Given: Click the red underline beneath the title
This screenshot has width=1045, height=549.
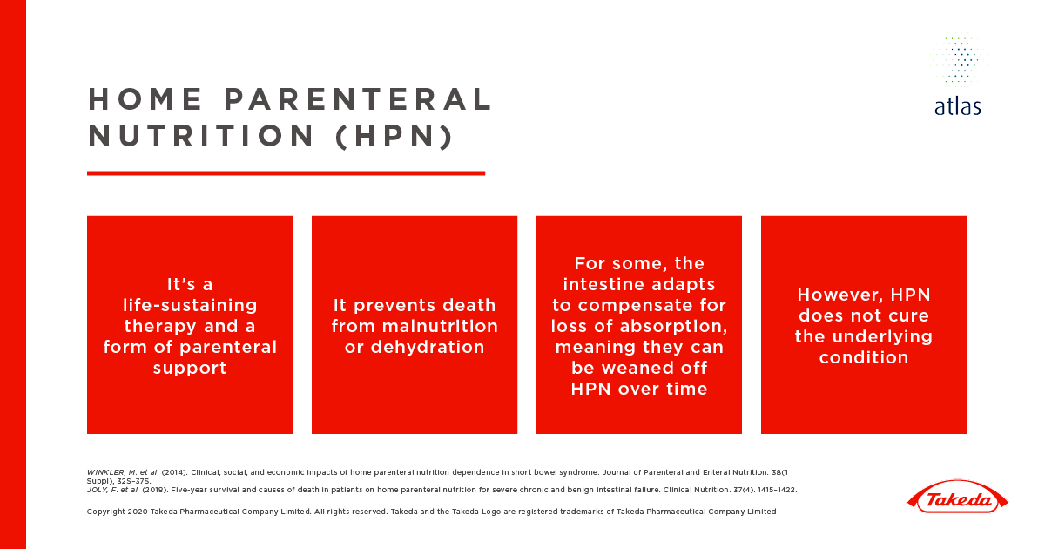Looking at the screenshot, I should pos(286,173).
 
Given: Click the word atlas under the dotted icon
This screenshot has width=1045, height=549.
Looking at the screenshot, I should pos(957,107).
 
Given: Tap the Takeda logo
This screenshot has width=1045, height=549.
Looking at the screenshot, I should pos(957,499).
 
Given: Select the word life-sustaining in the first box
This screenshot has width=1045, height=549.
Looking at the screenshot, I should pos(190,306).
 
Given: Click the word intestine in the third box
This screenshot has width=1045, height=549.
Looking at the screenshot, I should pos(606,285).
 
